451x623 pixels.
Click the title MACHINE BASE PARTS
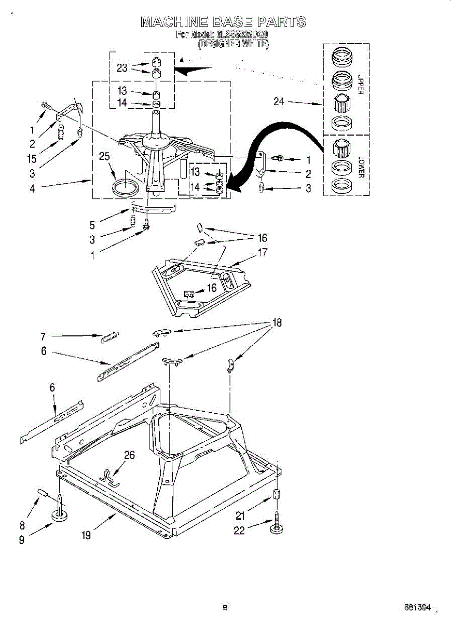click(223, 22)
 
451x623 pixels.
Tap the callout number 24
click(279, 101)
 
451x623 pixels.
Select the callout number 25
click(105, 156)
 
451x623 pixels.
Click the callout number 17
click(263, 253)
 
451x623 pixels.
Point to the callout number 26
click(129, 455)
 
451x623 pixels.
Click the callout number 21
click(239, 516)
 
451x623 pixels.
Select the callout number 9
click(22, 540)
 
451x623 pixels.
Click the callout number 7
click(44, 336)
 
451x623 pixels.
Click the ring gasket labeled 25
click(124, 186)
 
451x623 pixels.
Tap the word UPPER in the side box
click(361, 86)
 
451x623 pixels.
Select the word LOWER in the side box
click(361, 167)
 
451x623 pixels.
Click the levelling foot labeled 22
click(275, 524)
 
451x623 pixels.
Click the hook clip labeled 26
click(110, 477)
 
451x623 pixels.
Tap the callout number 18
click(277, 323)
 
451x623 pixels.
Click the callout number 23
click(122, 68)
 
